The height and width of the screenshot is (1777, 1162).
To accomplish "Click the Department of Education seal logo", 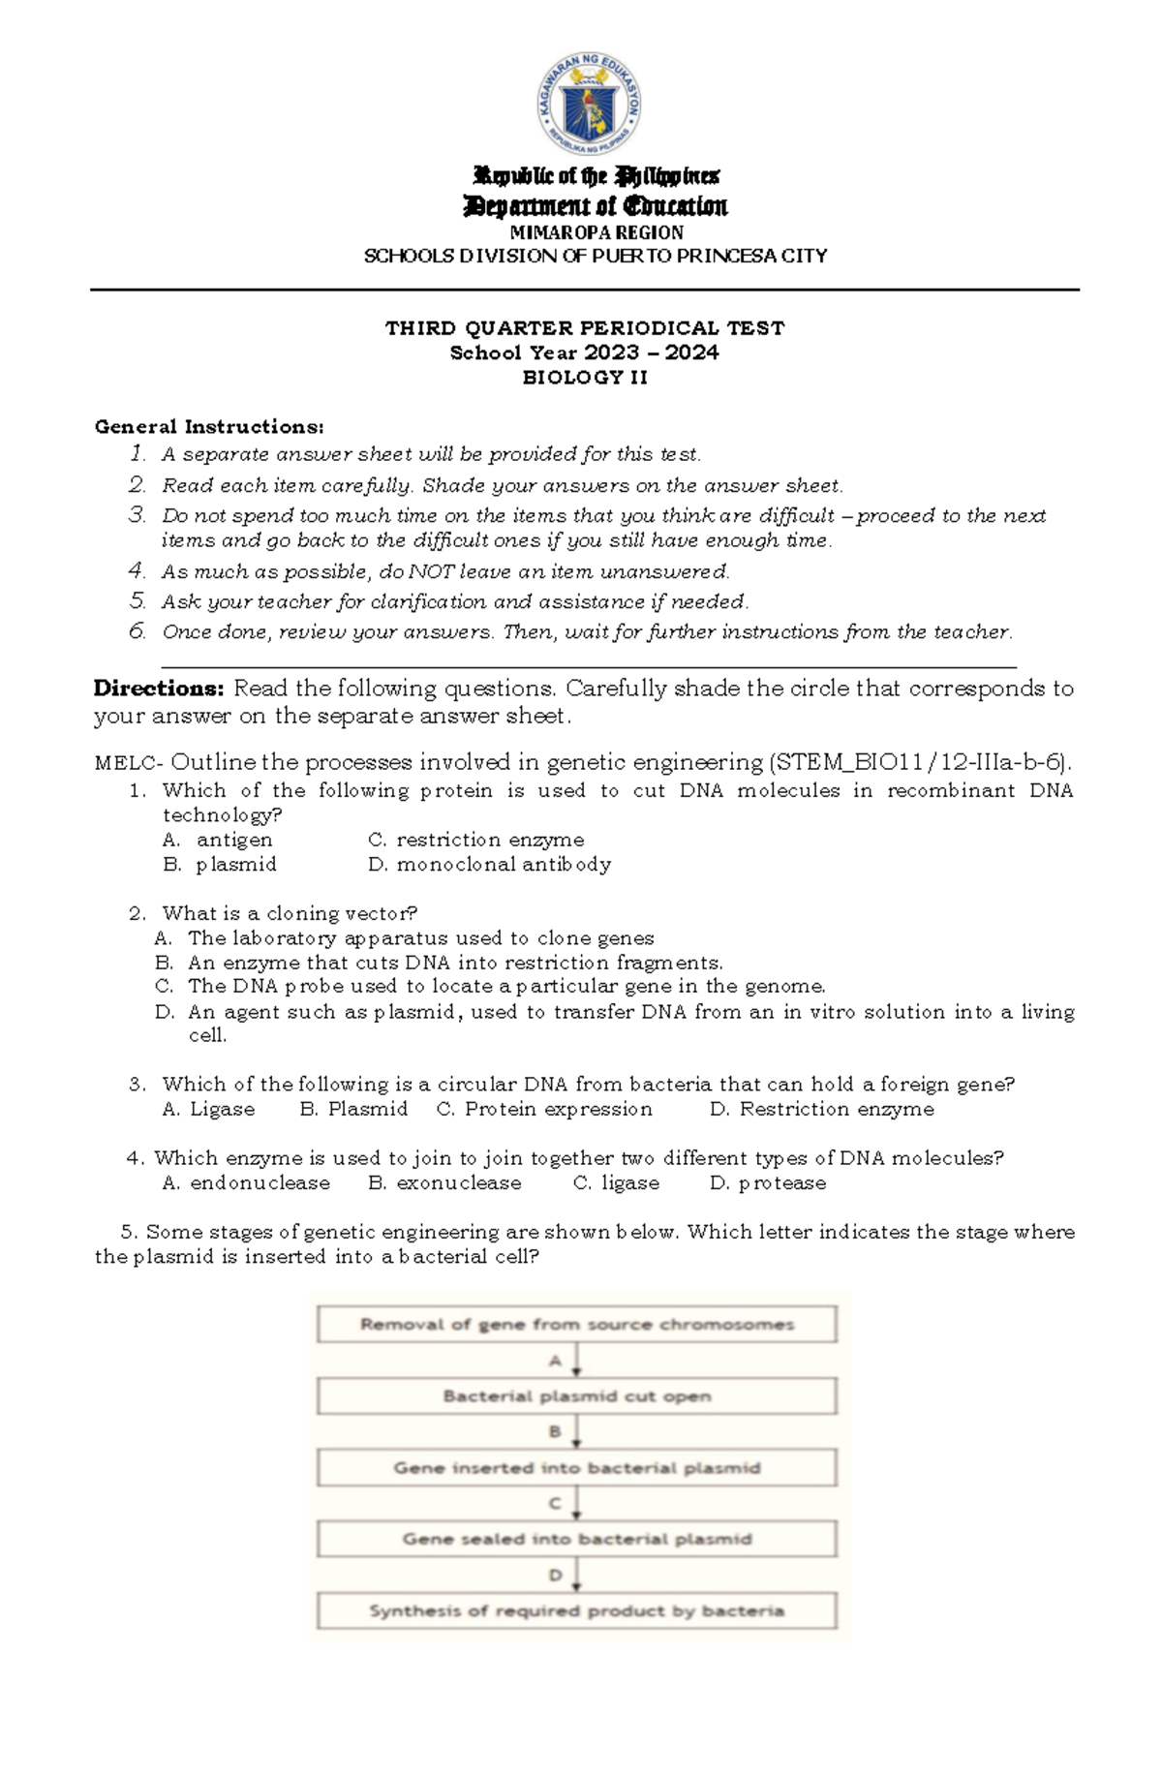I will (588, 104).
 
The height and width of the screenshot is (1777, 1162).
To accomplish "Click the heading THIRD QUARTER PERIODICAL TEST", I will (585, 327).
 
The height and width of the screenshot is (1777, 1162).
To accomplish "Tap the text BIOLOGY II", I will (585, 378).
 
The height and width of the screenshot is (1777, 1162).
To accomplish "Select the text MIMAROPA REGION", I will (596, 232).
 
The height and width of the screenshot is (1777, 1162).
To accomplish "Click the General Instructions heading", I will (209, 427).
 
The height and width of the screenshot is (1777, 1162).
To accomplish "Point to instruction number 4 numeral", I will (138, 570).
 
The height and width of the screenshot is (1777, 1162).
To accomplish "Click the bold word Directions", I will (159, 689).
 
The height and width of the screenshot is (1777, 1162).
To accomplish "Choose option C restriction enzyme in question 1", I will (475, 840).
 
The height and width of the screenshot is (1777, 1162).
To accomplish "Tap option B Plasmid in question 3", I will (353, 1109).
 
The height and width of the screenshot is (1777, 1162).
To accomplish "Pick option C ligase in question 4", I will (616, 1182).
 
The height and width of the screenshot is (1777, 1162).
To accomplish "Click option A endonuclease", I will (246, 1182).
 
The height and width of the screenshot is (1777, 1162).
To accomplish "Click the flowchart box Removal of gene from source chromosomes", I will (577, 1324).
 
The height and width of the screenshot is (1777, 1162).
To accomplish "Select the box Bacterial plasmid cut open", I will (577, 1395).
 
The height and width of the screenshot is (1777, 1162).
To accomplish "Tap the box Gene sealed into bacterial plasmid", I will (577, 1539).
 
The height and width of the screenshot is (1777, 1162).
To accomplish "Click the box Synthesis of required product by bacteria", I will (577, 1610).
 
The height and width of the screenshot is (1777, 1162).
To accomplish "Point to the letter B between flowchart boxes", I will (555, 1431).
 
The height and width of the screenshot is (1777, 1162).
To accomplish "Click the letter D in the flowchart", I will (555, 1575).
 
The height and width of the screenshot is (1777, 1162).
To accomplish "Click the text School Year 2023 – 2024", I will (585, 352).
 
